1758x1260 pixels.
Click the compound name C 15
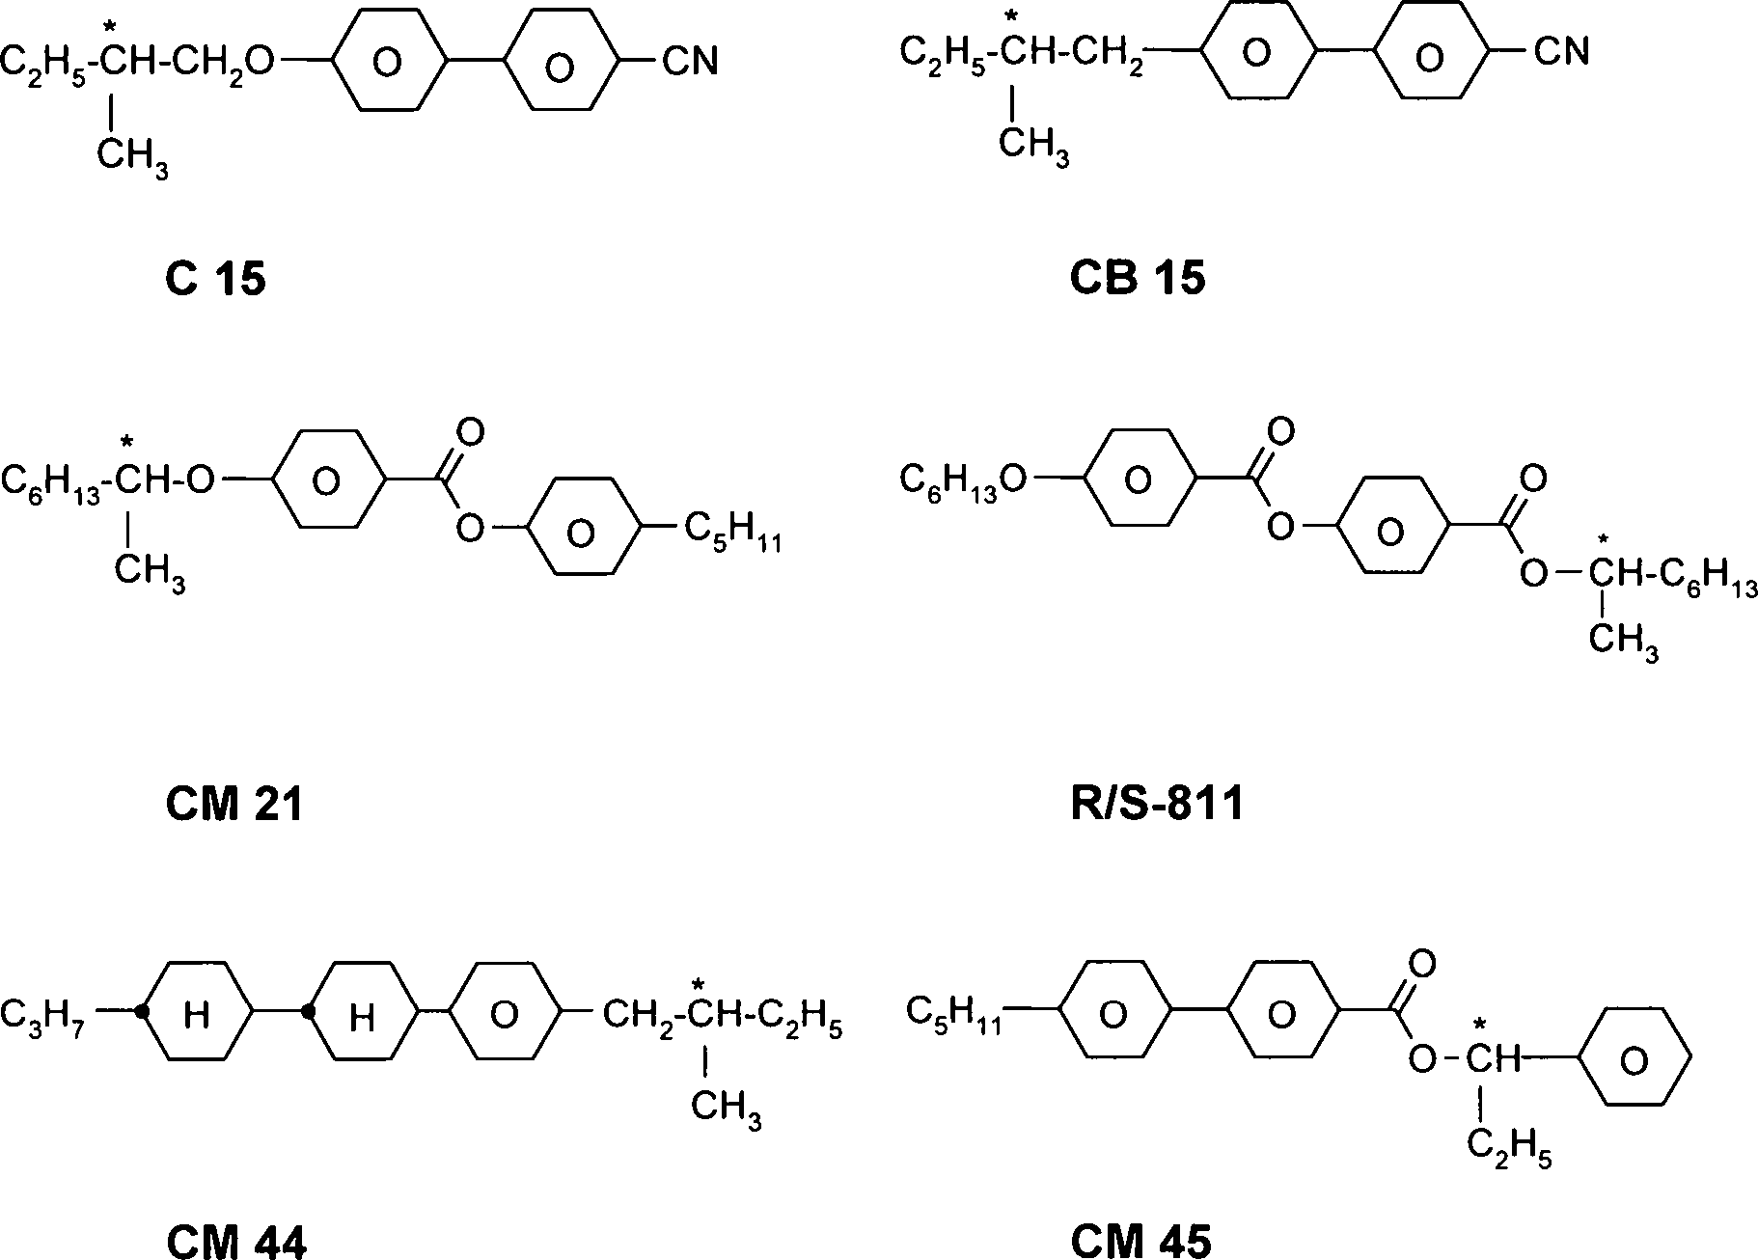click(x=215, y=279)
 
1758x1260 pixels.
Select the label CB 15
click(x=1138, y=278)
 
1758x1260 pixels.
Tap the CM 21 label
click(x=234, y=803)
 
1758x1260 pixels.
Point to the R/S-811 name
click(x=1157, y=803)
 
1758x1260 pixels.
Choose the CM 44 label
click(x=236, y=1242)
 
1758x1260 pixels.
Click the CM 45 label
click(x=1140, y=1242)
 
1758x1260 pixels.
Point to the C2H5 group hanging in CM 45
click(x=1508, y=1148)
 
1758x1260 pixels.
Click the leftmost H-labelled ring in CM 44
click(x=197, y=1012)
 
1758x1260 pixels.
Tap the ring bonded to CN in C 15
click(x=560, y=64)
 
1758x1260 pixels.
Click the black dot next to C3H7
click(x=142, y=1012)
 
